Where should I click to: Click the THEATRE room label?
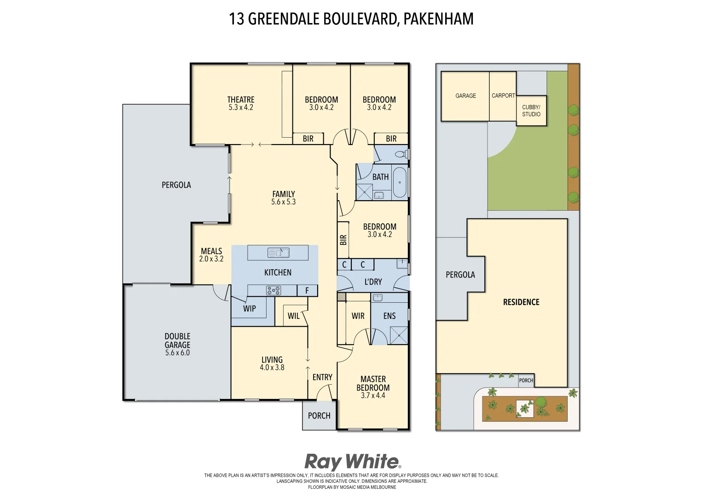pos(241,99)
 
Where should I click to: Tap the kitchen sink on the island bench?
pos(278,253)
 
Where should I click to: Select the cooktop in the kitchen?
pos(273,290)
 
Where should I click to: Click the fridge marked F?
pos(307,290)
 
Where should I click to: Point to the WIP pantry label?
pos(250,309)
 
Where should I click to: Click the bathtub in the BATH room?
pos(400,183)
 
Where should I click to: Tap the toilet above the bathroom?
pos(401,154)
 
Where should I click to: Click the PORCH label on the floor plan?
pos(319,416)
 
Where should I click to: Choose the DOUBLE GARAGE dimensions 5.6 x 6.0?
pos(177,353)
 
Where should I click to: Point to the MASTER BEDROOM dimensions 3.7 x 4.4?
pos(373,395)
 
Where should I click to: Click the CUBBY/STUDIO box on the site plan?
pos(531,110)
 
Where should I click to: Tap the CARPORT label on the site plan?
pos(503,96)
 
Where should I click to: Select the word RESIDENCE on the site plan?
pos(521,302)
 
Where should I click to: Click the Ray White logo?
pos(352,462)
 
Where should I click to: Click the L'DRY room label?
pos(373,282)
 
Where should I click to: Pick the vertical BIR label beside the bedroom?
pos(343,240)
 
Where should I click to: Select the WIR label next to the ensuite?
pos(358,316)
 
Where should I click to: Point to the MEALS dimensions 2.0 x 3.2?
pos(211,259)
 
